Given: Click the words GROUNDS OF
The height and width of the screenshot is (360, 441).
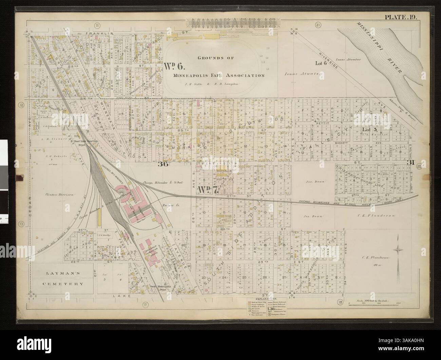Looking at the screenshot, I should tap(216, 58).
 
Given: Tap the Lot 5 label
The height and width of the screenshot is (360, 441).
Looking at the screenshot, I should tap(369, 129).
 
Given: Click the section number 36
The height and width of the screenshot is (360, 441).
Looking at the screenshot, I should tap(163, 165).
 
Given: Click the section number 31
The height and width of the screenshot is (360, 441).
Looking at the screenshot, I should tap(411, 162).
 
